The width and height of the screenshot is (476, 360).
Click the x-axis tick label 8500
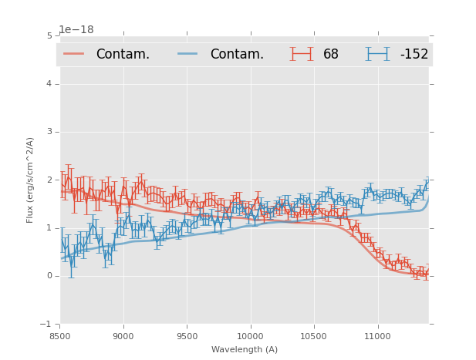click(x=60, y=336)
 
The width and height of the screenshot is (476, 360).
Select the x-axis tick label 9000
click(x=123, y=336)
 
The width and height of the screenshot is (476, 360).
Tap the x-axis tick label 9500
click(x=187, y=336)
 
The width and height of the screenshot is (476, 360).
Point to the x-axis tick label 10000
click(x=250, y=336)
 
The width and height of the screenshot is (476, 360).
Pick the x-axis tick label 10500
click(x=313, y=336)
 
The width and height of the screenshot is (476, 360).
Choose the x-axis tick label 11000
click(x=377, y=336)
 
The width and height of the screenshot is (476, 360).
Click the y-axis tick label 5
click(x=49, y=35)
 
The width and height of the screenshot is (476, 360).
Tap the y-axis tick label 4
click(x=49, y=83)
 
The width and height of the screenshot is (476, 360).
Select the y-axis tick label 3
click(x=49, y=132)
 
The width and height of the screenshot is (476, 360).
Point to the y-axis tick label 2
click(x=49, y=180)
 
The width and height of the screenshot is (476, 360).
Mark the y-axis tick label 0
click(x=49, y=276)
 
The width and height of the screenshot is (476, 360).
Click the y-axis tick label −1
click(x=47, y=324)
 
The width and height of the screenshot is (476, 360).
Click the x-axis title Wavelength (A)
click(x=245, y=350)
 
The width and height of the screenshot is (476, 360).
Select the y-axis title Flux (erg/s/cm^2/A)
click(x=31, y=180)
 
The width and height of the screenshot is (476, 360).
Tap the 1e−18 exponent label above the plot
click(x=76, y=30)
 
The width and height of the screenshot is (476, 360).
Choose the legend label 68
click(x=331, y=54)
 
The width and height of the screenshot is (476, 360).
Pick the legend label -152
click(x=414, y=54)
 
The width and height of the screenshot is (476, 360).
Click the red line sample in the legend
click(x=74, y=54)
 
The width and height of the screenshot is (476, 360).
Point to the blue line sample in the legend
click(x=188, y=54)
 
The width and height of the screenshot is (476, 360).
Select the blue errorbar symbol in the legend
click(x=376, y=54)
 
